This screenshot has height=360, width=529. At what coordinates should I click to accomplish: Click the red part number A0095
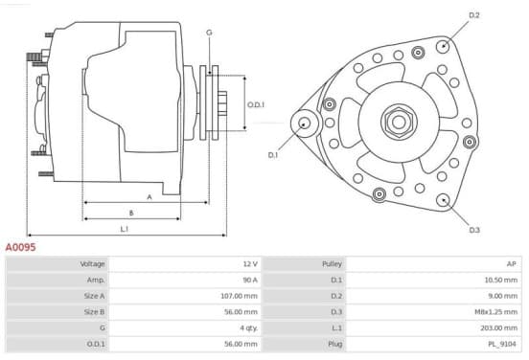(x=20, y=247)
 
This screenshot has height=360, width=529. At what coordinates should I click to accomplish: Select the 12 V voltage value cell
(x=250, y=263)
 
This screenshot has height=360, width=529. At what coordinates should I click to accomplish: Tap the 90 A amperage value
(x=250, y=280)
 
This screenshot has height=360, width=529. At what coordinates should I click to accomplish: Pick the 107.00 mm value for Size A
(x=239, y=296)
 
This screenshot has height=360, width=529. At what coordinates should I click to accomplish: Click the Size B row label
(x=94, y=312)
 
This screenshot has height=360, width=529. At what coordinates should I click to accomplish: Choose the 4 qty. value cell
(x=248, y=328)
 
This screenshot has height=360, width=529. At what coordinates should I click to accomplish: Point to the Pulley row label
(x=332, y=263)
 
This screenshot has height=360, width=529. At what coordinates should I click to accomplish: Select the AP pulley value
(x=512, y=263)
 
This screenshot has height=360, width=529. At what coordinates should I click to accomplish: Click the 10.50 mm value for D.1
(x=500, y=280)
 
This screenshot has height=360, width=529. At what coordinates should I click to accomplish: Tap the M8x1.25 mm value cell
(x=495, y=312)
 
